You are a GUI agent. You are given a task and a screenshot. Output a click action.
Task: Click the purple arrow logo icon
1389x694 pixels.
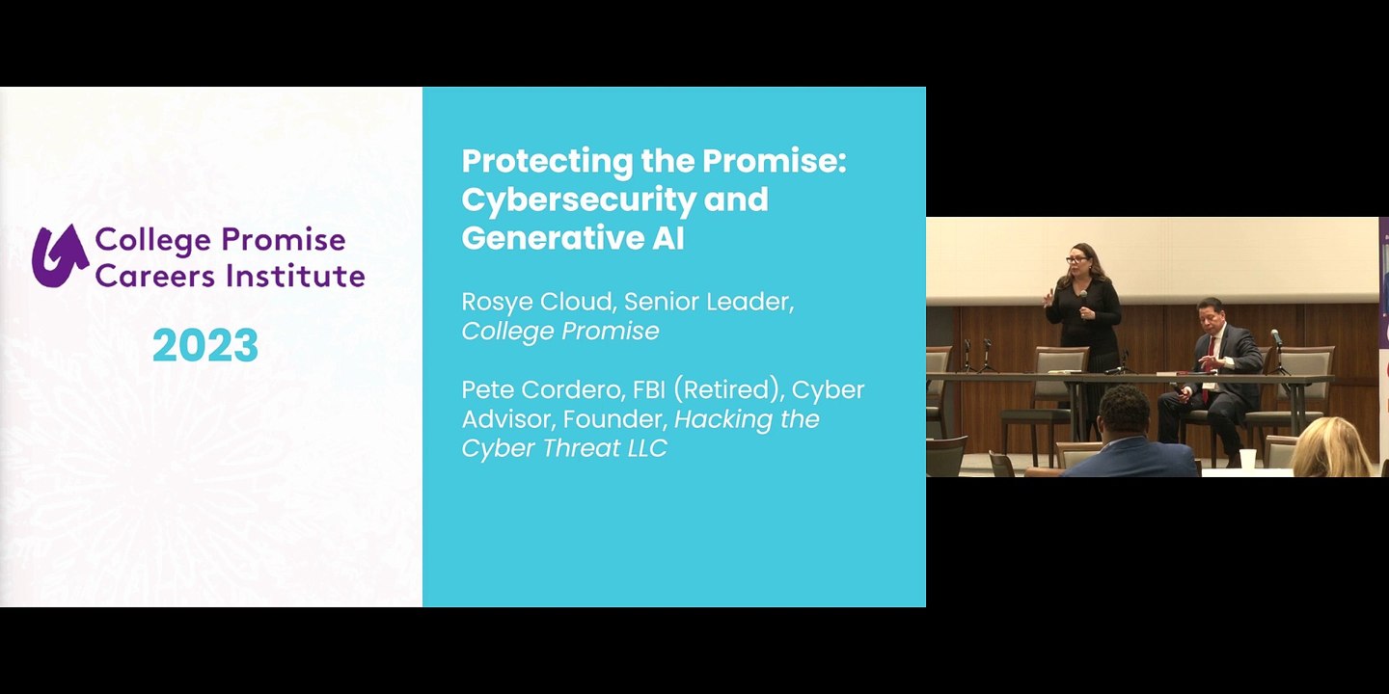pos(60,256)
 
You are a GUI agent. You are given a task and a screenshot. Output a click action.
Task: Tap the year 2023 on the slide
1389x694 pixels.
pos(205,345)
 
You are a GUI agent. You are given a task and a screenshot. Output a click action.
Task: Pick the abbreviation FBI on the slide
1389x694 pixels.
pos(648,389)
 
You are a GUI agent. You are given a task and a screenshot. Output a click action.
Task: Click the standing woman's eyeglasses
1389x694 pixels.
pos(1076,260)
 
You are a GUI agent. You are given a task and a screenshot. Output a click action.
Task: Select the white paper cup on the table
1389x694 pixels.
pos(1247,459)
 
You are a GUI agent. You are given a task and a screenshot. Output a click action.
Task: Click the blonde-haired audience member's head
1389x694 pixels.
pos(1331,447)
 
